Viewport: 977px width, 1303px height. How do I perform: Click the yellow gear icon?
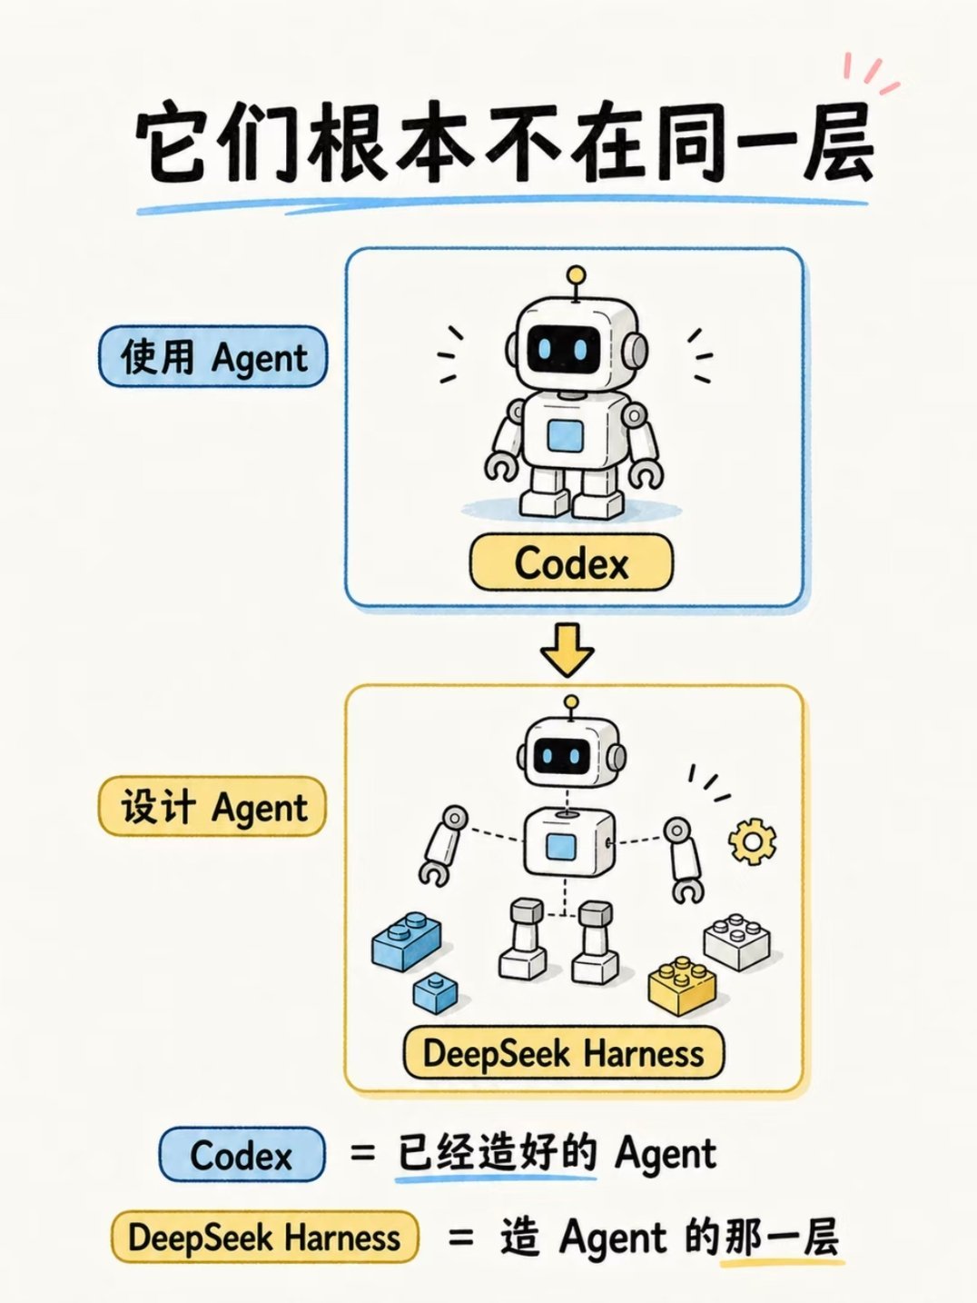752,840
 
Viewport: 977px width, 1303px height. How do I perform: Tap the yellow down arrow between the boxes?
567,649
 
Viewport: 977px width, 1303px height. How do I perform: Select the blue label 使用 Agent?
213,357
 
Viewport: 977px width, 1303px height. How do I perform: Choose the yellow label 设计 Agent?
212,807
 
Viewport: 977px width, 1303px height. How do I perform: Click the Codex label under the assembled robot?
571,562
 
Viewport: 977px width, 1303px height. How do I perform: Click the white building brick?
737,941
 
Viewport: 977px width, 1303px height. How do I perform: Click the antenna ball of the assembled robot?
576,274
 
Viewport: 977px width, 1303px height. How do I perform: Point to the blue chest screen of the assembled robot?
565,436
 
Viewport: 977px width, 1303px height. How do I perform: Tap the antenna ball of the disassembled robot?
570,702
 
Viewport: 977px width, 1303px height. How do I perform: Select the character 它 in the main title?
173,143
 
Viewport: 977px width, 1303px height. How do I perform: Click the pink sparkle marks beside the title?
870,74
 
